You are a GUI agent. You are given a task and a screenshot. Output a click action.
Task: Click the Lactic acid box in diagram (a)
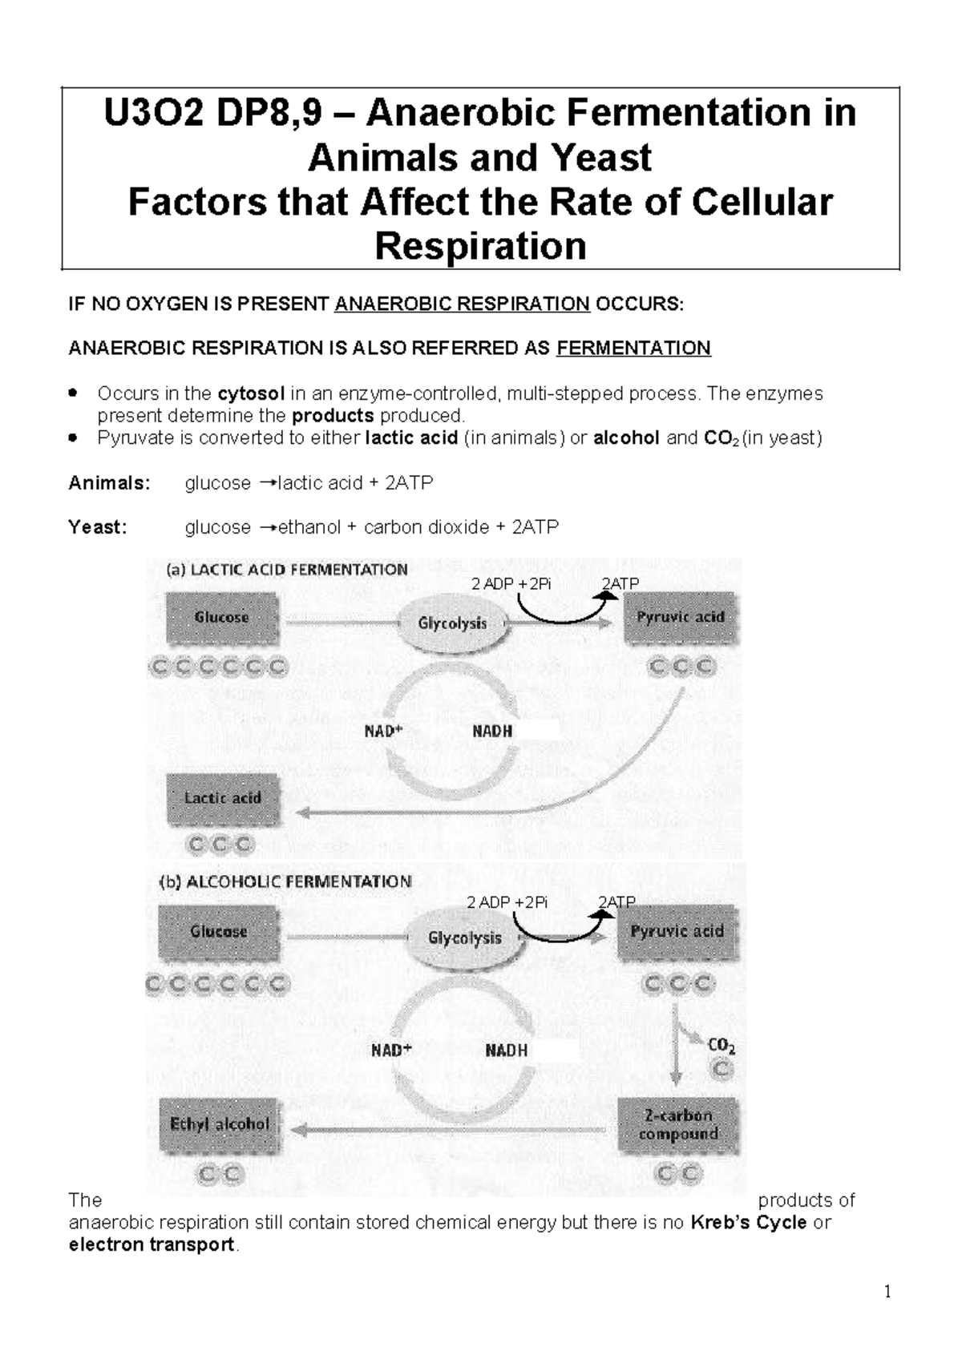223,798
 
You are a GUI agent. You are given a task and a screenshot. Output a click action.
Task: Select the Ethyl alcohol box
220,1124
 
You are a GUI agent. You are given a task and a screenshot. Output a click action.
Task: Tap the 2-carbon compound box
678,1124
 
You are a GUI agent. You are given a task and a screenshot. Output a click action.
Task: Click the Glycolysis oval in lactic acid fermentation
453,623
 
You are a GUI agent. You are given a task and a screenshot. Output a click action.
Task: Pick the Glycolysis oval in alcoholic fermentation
465,938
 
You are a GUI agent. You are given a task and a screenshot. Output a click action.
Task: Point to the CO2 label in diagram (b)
721,1046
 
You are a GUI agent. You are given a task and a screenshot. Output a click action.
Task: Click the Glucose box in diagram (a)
221,618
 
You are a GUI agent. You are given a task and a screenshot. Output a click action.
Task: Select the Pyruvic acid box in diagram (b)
677,932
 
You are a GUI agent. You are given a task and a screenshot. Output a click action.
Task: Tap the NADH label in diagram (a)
492,732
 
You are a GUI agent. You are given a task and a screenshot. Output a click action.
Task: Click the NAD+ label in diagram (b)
390,1050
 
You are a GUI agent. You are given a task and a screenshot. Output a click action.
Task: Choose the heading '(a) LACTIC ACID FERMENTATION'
287,570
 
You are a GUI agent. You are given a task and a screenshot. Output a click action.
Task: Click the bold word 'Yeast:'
98,527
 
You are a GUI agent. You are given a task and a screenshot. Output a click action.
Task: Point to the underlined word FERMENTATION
633,348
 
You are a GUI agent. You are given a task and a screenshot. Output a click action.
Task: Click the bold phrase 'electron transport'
152,1244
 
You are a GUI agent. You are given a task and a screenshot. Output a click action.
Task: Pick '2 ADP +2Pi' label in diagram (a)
511,584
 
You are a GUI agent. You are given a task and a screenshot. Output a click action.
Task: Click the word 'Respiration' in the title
481,246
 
